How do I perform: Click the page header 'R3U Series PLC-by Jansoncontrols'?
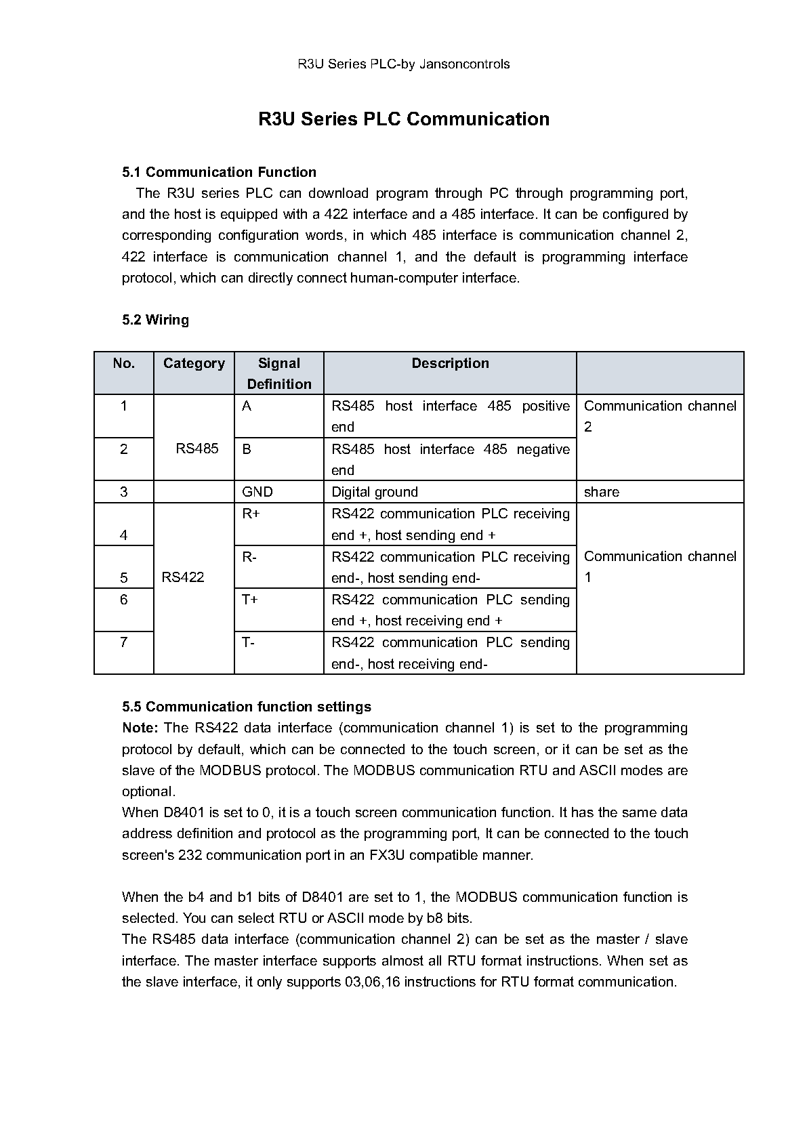click(404, 64)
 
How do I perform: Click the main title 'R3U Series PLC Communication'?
click(404, 119)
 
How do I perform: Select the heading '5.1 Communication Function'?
click(219, 172)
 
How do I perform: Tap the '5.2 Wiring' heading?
click(155, 320)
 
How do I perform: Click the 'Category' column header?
click(194, 363)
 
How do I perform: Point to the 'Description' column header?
click(450, 363)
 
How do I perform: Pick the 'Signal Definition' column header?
click(279, 373)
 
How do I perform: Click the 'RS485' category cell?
click(197, 449)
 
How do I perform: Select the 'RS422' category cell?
click(183, 577)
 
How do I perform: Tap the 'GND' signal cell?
click(257, 492)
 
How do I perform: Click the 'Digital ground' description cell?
click(375, 492)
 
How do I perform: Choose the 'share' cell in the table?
click(602, 492)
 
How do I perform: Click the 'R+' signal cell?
click(251, 514)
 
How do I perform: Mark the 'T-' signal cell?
click(248, 642)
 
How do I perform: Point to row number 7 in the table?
click(123, 642)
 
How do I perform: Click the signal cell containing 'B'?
click(247, 449)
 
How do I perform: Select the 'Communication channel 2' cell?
click(659, 416)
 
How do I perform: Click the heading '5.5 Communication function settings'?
click(247, 707)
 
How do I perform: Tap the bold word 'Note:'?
click(140, 728)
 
